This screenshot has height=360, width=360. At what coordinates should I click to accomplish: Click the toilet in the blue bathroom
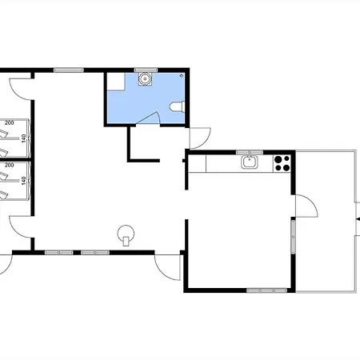click(x=177, y=106)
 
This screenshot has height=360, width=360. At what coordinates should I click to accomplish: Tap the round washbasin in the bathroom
click(x=145, y=79)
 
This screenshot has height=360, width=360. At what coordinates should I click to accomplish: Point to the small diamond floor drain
click(x=182, y=76)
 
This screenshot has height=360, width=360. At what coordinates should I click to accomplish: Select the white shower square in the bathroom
click(x=116, y=82)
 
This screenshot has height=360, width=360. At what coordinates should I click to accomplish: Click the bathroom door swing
click(x=149, y=118)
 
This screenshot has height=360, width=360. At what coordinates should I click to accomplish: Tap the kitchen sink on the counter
click(x=250, y=162)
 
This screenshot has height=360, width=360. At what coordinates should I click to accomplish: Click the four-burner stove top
click(x=282, y=163)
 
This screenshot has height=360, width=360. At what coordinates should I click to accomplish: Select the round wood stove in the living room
click(x=126, y=234)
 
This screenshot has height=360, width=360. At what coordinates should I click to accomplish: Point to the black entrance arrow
click(x=358, y=219)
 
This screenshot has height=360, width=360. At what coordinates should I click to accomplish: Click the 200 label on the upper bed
click(x=9, y=123)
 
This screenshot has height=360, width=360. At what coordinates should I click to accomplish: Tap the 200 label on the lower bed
click(x=9, y=165)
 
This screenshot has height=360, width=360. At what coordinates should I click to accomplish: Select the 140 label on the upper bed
click(x=24, y=138)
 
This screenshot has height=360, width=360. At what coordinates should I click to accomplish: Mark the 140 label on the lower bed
click(x=24, y=181)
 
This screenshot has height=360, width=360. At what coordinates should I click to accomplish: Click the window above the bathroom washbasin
click(x=146, y=70)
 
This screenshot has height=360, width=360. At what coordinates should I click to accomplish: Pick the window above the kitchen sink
click(x=250, y=152)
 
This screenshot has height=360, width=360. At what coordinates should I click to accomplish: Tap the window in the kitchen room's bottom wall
click(x=266, y=290)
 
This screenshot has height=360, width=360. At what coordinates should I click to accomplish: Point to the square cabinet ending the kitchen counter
click(x=198, y=164)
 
